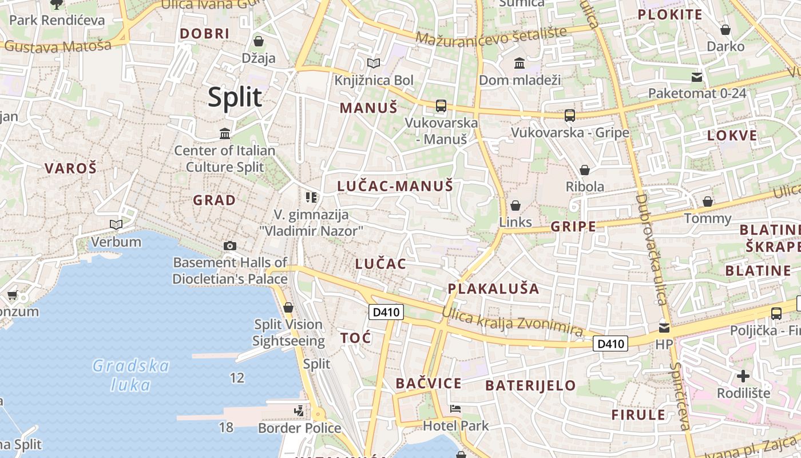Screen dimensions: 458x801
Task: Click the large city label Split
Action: click(235, 97)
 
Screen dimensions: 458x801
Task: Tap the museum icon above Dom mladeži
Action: click(520, 63)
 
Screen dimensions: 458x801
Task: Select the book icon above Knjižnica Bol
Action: click(374, 63)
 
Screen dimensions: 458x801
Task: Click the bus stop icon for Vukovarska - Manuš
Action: click(441, 106)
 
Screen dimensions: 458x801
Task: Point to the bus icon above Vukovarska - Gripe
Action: click(569, 116)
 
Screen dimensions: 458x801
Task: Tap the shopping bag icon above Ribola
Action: click(584, 170)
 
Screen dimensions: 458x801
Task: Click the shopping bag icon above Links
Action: click(515, 206)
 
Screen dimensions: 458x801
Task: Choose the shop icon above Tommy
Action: click(708, 202)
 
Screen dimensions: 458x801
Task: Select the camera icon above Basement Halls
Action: click(229, 246)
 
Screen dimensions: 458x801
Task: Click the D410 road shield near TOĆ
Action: click(386, 312)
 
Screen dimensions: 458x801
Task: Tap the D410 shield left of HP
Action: click(610, 343)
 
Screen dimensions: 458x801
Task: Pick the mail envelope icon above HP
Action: click(664, 328)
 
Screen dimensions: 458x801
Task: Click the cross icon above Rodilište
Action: click(743, 376)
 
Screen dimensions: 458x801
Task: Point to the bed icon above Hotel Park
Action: click(455, 409)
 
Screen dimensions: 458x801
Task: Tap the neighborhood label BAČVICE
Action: click(429, 383)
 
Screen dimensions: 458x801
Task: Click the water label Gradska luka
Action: click(131, 375)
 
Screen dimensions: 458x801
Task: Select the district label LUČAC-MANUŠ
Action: click(395, 186)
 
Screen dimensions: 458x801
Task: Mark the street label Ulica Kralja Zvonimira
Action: click(512, 322)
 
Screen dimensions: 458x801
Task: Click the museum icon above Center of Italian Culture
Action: click(225, 134)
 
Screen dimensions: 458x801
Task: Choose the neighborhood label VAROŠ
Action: click(71, 168)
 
